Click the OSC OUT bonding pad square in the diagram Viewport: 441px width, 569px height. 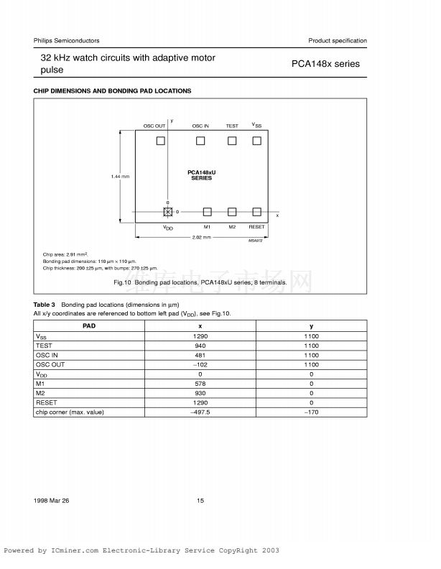161,141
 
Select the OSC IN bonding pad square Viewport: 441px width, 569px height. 200,141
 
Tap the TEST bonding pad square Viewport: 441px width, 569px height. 232,141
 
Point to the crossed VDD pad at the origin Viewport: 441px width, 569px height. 168,212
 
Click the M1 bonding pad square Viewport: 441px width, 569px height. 207,212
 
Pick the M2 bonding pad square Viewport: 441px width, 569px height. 232,212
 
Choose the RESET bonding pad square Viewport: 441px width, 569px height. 256,212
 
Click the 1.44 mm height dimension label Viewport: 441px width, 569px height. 120,177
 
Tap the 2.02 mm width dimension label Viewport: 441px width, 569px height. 201,237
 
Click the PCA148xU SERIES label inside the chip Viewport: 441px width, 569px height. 202,175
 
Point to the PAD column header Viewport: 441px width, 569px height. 90,326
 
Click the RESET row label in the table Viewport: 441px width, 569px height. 45,402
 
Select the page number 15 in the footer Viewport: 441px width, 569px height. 200,501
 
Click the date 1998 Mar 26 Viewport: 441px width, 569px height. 50,501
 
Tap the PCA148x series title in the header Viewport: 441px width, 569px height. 325,63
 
